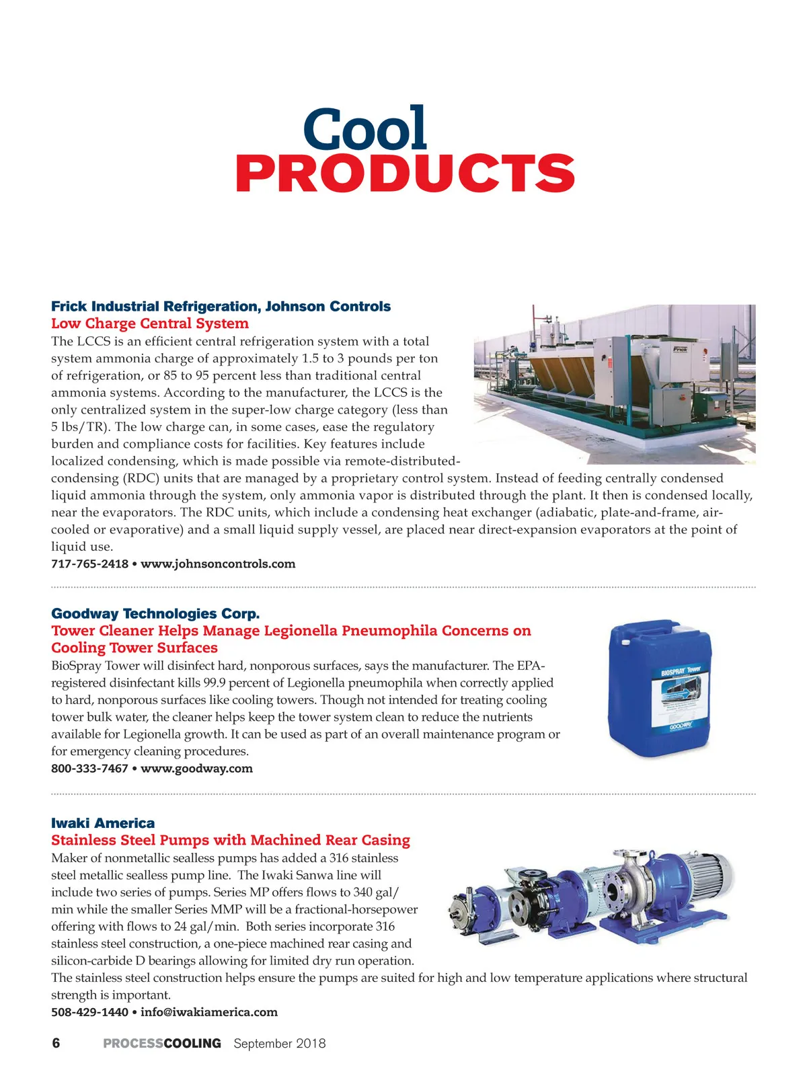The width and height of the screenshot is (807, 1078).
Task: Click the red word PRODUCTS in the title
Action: (405, 173)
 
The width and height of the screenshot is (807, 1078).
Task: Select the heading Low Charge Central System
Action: (150, 323)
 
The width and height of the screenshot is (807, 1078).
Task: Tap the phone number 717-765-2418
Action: (89, 564)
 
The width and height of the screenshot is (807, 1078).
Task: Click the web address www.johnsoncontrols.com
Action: (218, 564)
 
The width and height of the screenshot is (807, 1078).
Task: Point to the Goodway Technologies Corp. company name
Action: (155, 613)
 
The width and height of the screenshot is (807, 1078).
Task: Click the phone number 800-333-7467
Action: (89, 769)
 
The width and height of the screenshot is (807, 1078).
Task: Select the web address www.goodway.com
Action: (196, 769)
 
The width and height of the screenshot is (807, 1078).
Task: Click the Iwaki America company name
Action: (103, 823)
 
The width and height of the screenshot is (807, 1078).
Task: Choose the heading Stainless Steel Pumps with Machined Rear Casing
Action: (231, 840)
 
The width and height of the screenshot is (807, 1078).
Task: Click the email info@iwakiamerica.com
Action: (209, 1012)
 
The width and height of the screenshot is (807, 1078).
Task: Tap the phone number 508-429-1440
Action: (89, 1012)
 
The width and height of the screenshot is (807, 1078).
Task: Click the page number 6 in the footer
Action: (56, 1043)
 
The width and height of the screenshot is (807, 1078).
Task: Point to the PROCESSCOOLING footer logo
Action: (162, 1044)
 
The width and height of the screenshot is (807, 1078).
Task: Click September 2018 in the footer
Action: (280, 1044)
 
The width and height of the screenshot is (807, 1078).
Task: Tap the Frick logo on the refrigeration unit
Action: (680, 349)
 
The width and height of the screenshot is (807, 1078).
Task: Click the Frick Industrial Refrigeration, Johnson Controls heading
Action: (221, 307)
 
